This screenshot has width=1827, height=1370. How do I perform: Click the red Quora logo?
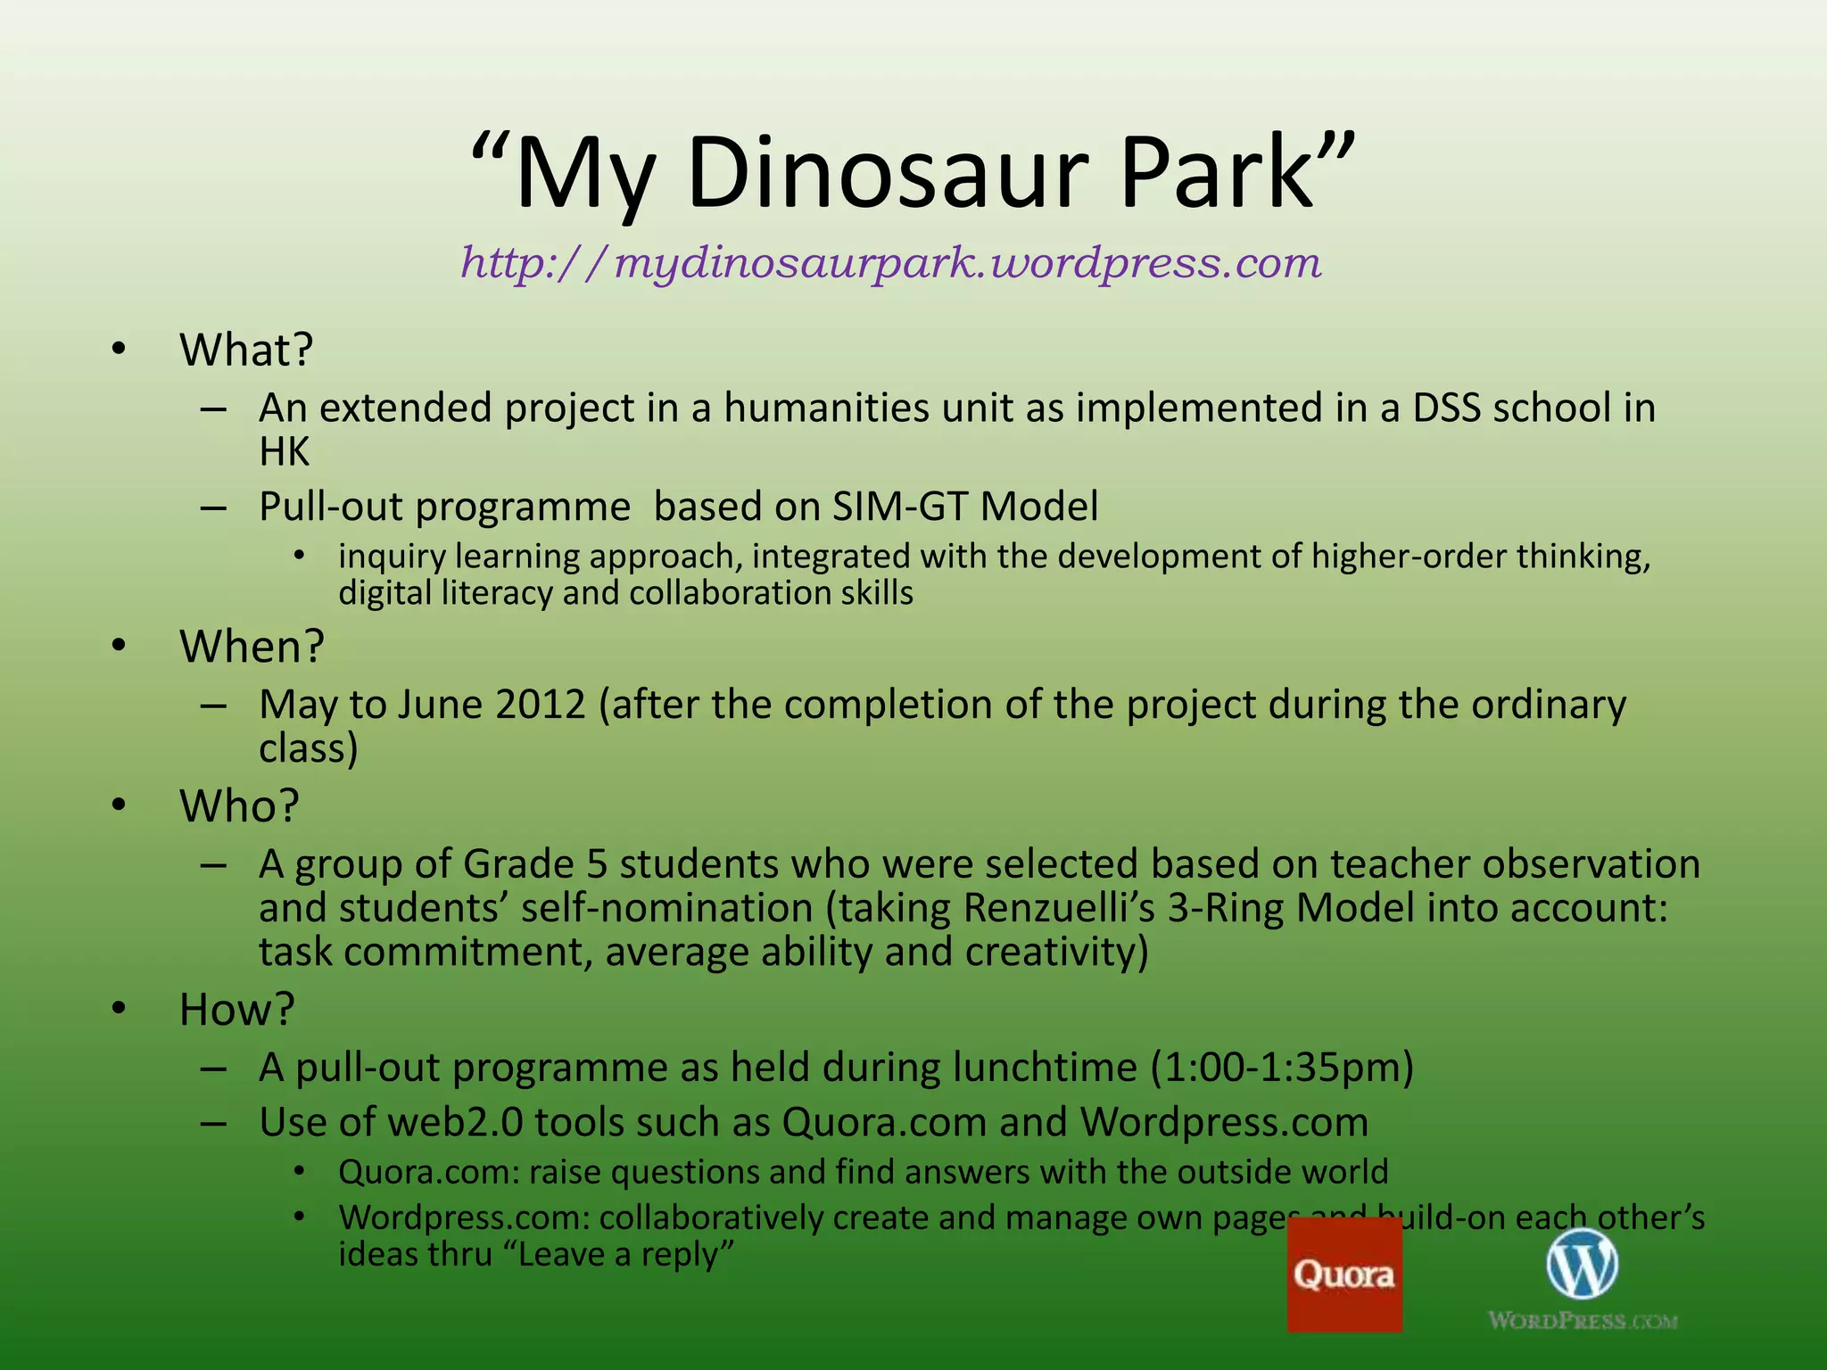pos(1344,1275)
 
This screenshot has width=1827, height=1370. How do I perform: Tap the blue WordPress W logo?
pos(1582,1264)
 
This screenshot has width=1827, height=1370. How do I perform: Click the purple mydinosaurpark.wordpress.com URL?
pos(890,263)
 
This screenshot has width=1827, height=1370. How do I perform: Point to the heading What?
pos(246,350)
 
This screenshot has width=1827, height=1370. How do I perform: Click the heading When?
pos(252,647)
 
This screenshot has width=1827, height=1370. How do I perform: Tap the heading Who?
pos(239,806)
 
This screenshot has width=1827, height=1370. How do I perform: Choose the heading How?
pos(236,1010)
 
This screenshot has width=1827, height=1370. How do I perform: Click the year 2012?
pos(541,705)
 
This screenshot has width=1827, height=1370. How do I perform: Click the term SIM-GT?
pos(900,507)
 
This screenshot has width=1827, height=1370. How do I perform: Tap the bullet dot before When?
pos(119,646)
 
